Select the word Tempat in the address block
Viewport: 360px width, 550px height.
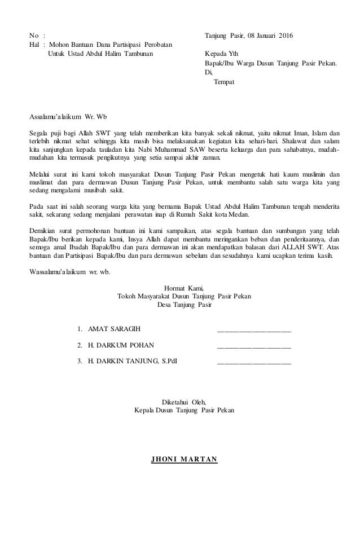(224, 82)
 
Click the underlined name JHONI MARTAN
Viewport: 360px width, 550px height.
(183, 458)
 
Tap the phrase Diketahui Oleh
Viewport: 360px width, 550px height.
(185, 402)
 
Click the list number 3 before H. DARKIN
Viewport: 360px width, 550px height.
(80, 362)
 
